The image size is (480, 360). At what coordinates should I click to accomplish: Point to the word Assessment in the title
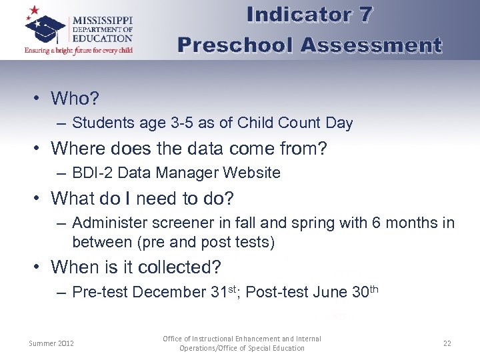click(x=371, y=45)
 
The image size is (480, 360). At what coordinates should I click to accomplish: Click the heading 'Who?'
click(x=75, y=99)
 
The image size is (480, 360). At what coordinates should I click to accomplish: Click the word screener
click(x=183, y=223)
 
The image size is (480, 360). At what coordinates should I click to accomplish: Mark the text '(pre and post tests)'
click(x=173, y=241)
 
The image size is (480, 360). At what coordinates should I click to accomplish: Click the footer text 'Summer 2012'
click(x=51, y=343)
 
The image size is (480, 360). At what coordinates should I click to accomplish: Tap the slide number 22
click(x=447, y=343)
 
